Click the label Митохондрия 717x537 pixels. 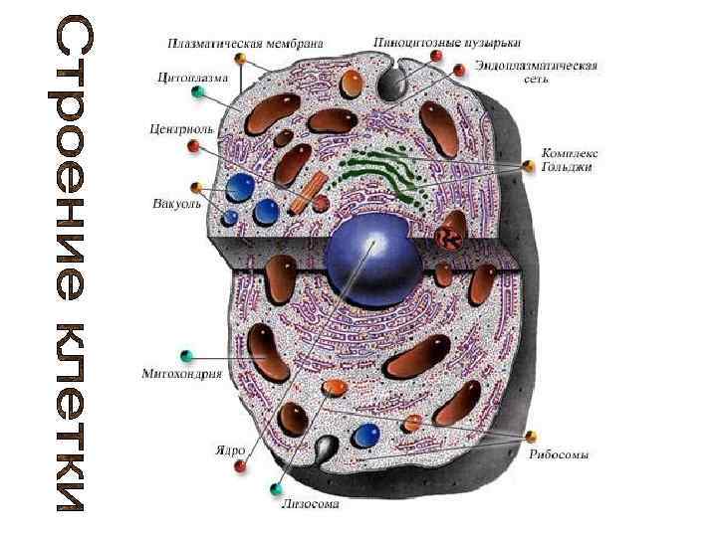pyautogui.click(x=178, y=375)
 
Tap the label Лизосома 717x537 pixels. pyautogui.click(x=310, y=503)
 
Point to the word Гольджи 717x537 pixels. pyautogui.click(x=567, y=167)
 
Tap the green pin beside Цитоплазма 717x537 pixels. pyautogui.click(x=198, y=92)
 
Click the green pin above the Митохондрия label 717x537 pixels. pyautogui.click(x=185, y=355)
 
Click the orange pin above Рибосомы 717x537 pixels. pyautogui.click(x=532, y=436)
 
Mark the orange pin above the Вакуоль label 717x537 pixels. pyautogui.click(x=197, y=187)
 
